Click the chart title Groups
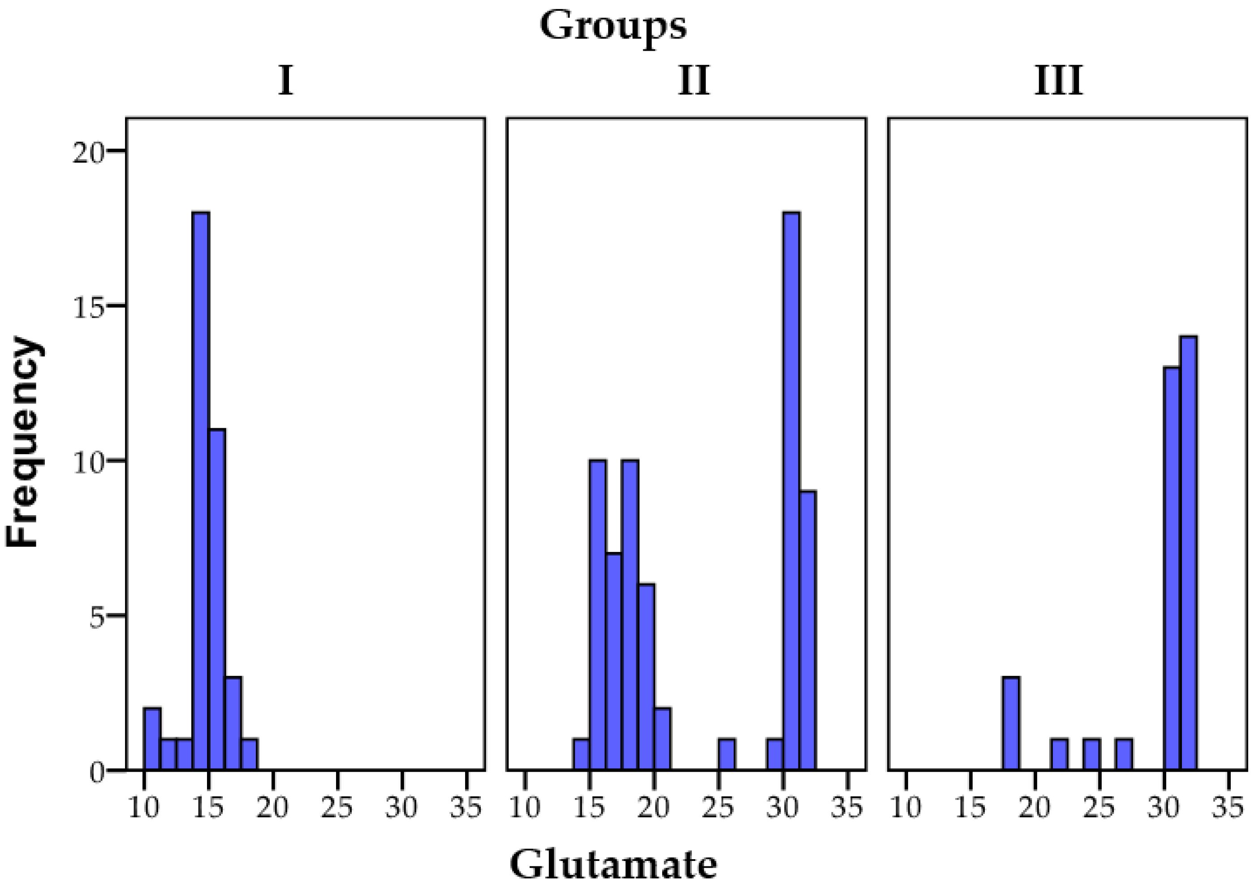coord(612,26)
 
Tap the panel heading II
coord(694,81)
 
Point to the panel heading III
coord(1058,81)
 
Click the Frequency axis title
coord(23,442)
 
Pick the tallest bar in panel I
coord(201,491)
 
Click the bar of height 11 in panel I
coord(217,599)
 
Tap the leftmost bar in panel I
coord(152,739)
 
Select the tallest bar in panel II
coord(791,491)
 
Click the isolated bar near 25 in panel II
coord(727,754)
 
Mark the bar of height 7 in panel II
coord(614,661)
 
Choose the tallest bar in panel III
coord(1189,553)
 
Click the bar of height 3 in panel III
coord(1011,723)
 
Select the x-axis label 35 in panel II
coord(848,808)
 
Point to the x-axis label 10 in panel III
coord(906,808)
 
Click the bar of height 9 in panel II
coord(808,630)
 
